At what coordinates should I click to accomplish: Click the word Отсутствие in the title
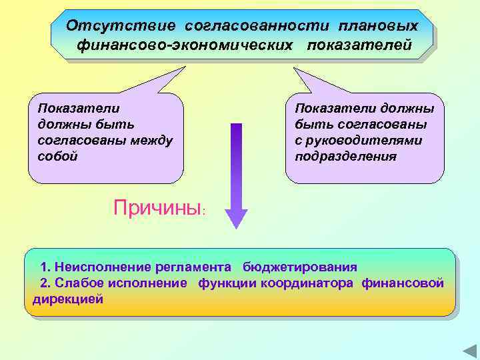pyautogui.click(x=120, y=26)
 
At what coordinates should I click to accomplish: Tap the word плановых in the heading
pyautogui.click(x=379, y=26)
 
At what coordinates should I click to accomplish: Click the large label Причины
pyautogui.click(x=157, y=208)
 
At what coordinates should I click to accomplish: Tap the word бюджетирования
pyautogui.click(x=300, y=267)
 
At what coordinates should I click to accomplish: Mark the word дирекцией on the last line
pyautogui.click(x=68, y=299)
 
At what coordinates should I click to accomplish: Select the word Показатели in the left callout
pyautogui.click(x=79, y=108)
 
